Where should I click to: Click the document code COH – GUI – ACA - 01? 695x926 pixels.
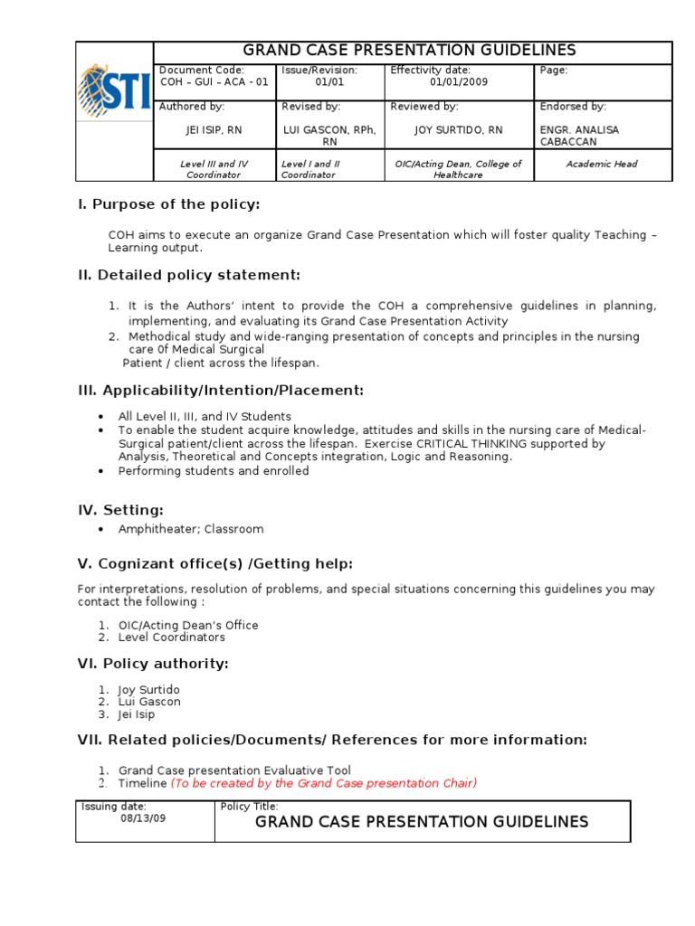(x=214, y=82)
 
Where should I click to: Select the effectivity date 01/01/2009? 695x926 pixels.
(x=458, y=82)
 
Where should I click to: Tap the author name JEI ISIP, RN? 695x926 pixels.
(x=214, y=130)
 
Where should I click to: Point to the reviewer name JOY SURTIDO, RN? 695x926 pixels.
(x=458, y=130)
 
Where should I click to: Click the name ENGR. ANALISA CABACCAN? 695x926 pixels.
(x=579, y=136)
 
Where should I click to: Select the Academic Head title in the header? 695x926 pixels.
(x=601, y=165)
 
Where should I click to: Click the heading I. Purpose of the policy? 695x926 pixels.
(x=168, y=205)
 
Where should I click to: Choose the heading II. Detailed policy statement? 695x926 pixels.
(x=189, y=275)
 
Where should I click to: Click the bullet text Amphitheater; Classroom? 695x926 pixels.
(x=191, y=529)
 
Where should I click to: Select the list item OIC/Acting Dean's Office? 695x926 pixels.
(x=188, y=625)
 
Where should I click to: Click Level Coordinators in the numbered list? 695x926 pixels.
(x=172, y=638)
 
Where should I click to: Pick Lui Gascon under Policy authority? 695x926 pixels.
(x=149, y=702)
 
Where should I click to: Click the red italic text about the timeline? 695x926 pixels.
(x=324, y=783)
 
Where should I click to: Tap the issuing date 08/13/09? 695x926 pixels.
(x=143, y=817)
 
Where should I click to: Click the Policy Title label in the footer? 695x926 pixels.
(x=249, y=806)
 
